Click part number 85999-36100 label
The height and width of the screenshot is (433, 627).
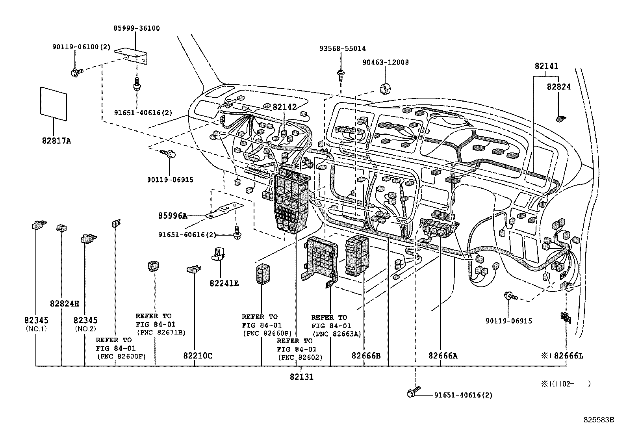137,28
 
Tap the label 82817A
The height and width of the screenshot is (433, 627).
56,140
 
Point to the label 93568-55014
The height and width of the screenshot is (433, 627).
342,48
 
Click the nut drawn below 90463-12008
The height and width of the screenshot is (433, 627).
384,89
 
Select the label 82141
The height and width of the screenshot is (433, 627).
546,66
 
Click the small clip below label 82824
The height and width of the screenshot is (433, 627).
561,117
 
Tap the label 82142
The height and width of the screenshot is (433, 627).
285,107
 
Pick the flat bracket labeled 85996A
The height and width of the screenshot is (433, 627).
225,210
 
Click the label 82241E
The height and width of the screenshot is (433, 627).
224,283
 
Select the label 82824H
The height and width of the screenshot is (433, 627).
65,304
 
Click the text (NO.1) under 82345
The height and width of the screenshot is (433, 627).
36,329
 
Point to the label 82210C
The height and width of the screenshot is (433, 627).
197,356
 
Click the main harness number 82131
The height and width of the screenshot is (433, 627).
302,377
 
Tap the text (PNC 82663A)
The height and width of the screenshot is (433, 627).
337,334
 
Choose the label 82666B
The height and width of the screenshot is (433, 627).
366,356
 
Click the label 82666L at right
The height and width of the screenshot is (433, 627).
568,356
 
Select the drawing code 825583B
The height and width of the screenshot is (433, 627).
599,420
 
